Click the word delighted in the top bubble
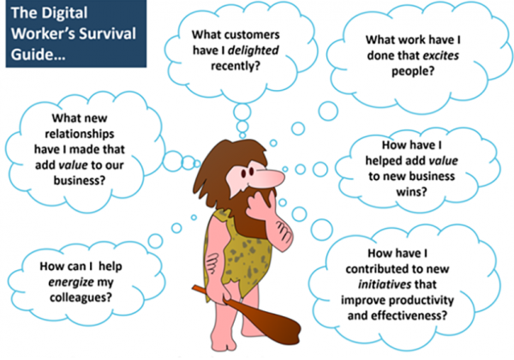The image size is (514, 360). point(253,51)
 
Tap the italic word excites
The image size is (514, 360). point(441,56)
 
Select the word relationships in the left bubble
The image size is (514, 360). point(80,134)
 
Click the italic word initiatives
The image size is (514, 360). point(385,285)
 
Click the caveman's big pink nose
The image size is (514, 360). point(270,178)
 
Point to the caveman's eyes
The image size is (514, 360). point(248,171)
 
